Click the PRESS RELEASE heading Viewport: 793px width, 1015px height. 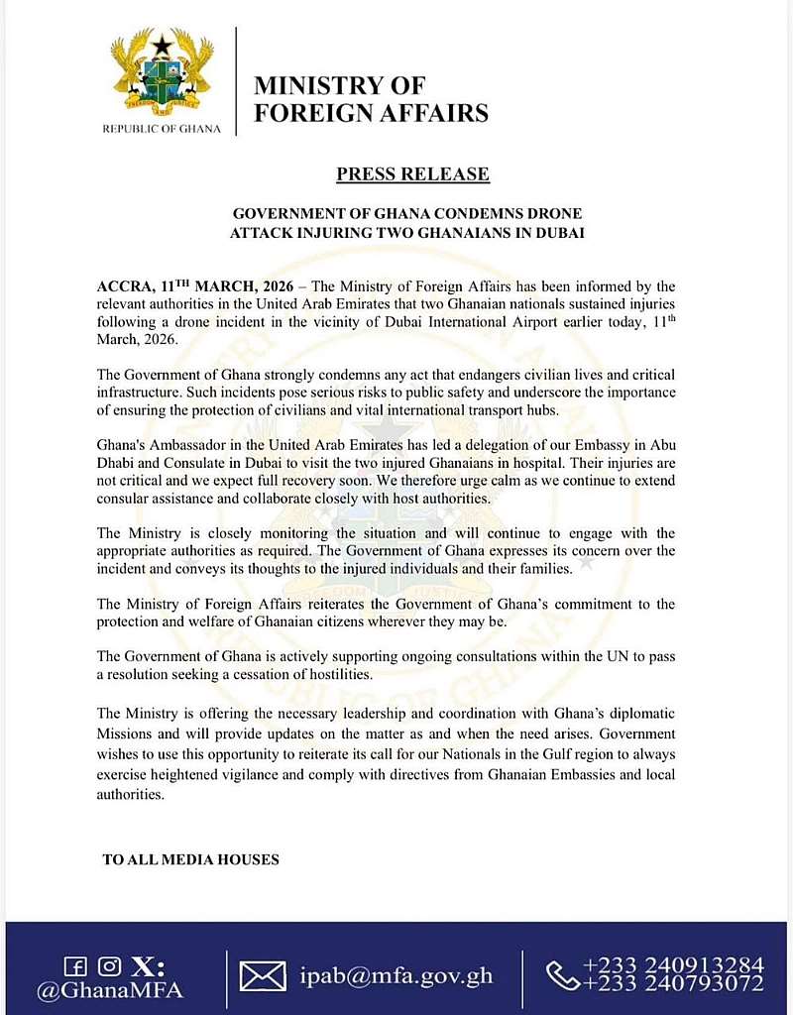tap(412, 174)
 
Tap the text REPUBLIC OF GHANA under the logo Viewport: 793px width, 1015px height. tap(162, 129)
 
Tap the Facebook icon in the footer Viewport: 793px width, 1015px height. tap(73, 964)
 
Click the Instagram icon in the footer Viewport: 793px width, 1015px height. tap(109, 964)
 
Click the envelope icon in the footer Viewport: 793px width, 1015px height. tap(263, 976)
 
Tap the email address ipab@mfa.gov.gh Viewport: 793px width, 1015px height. tap(396, 975)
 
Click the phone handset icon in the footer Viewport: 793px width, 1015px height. tap(562, 975)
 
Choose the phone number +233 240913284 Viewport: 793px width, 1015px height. tap(673, 964)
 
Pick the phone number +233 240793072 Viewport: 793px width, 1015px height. tap(673, 984)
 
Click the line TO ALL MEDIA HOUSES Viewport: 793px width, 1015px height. tap(190, 859)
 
